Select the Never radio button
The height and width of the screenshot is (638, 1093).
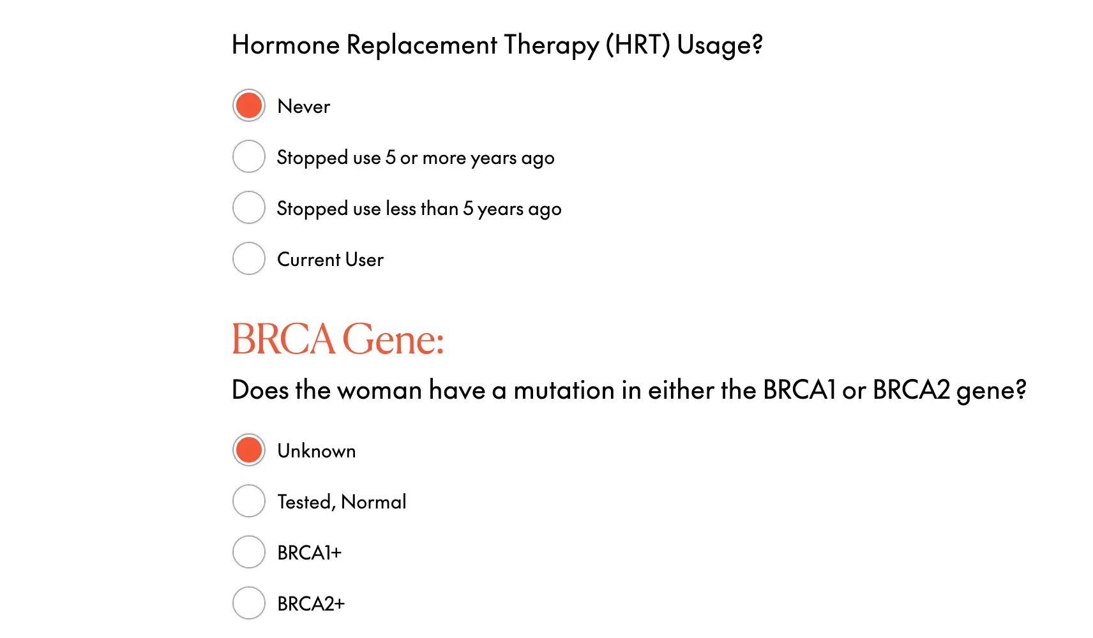tap(249, 105)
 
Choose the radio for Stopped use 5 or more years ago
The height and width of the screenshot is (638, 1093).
tap(249, 156)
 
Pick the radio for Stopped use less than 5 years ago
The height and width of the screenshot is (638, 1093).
tap(249, 207)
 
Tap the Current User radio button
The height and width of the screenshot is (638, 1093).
tap(249, 258)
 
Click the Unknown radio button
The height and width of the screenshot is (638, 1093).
tap(249, 450)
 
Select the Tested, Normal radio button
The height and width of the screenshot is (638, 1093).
tap(249, 501)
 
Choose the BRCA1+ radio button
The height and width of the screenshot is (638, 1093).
tap(249, 552)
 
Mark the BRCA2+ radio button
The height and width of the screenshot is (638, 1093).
tap(249, 603)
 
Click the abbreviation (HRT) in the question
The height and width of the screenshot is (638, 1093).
tap(638, 45)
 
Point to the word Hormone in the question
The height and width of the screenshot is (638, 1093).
tap(285, 45)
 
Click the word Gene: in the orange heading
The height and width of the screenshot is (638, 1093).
tap(393, 339)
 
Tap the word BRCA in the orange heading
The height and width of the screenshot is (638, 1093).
tap(283, 339)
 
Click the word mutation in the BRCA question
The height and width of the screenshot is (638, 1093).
tap(564, 390)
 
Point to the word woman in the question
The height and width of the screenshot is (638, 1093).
tap(379, 390)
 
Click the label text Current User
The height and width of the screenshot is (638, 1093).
tap(330, 260)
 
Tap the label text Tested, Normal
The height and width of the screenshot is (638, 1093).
tap(342, 502)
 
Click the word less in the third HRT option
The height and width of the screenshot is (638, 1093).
tap(400, 208)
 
